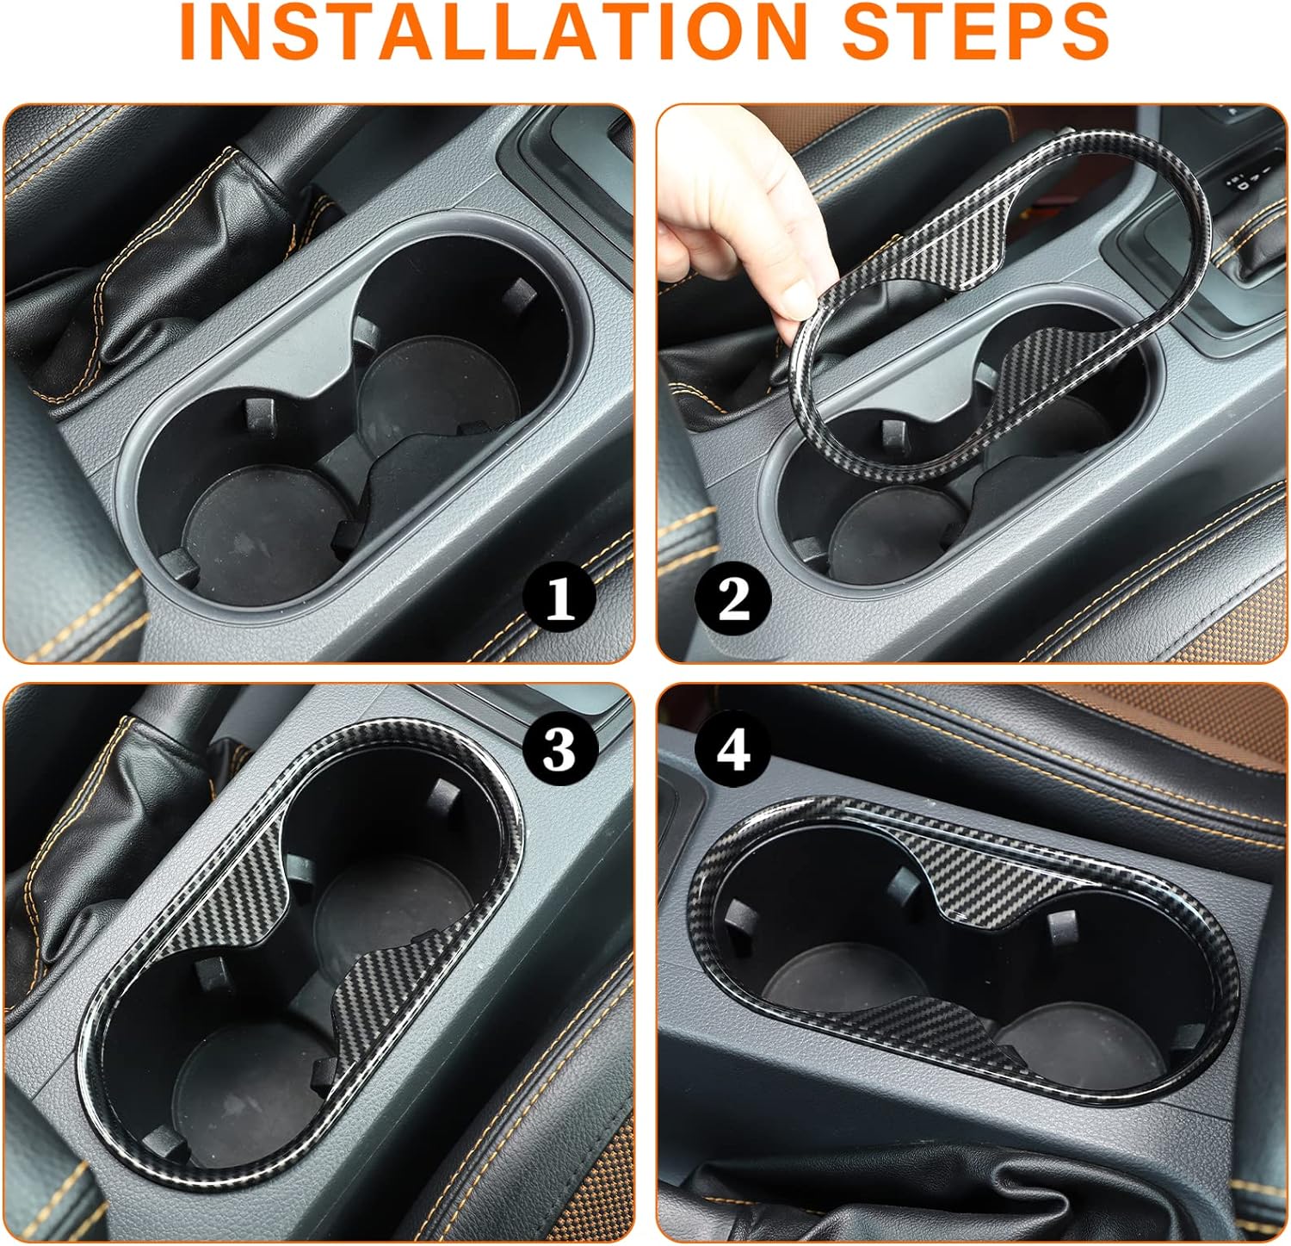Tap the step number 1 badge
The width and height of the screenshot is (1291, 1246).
click(x=560, y=598)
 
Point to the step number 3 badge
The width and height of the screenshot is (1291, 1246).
click(x=559, y=748)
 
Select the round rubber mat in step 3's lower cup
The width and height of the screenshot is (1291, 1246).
click(x=250, y=1085)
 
